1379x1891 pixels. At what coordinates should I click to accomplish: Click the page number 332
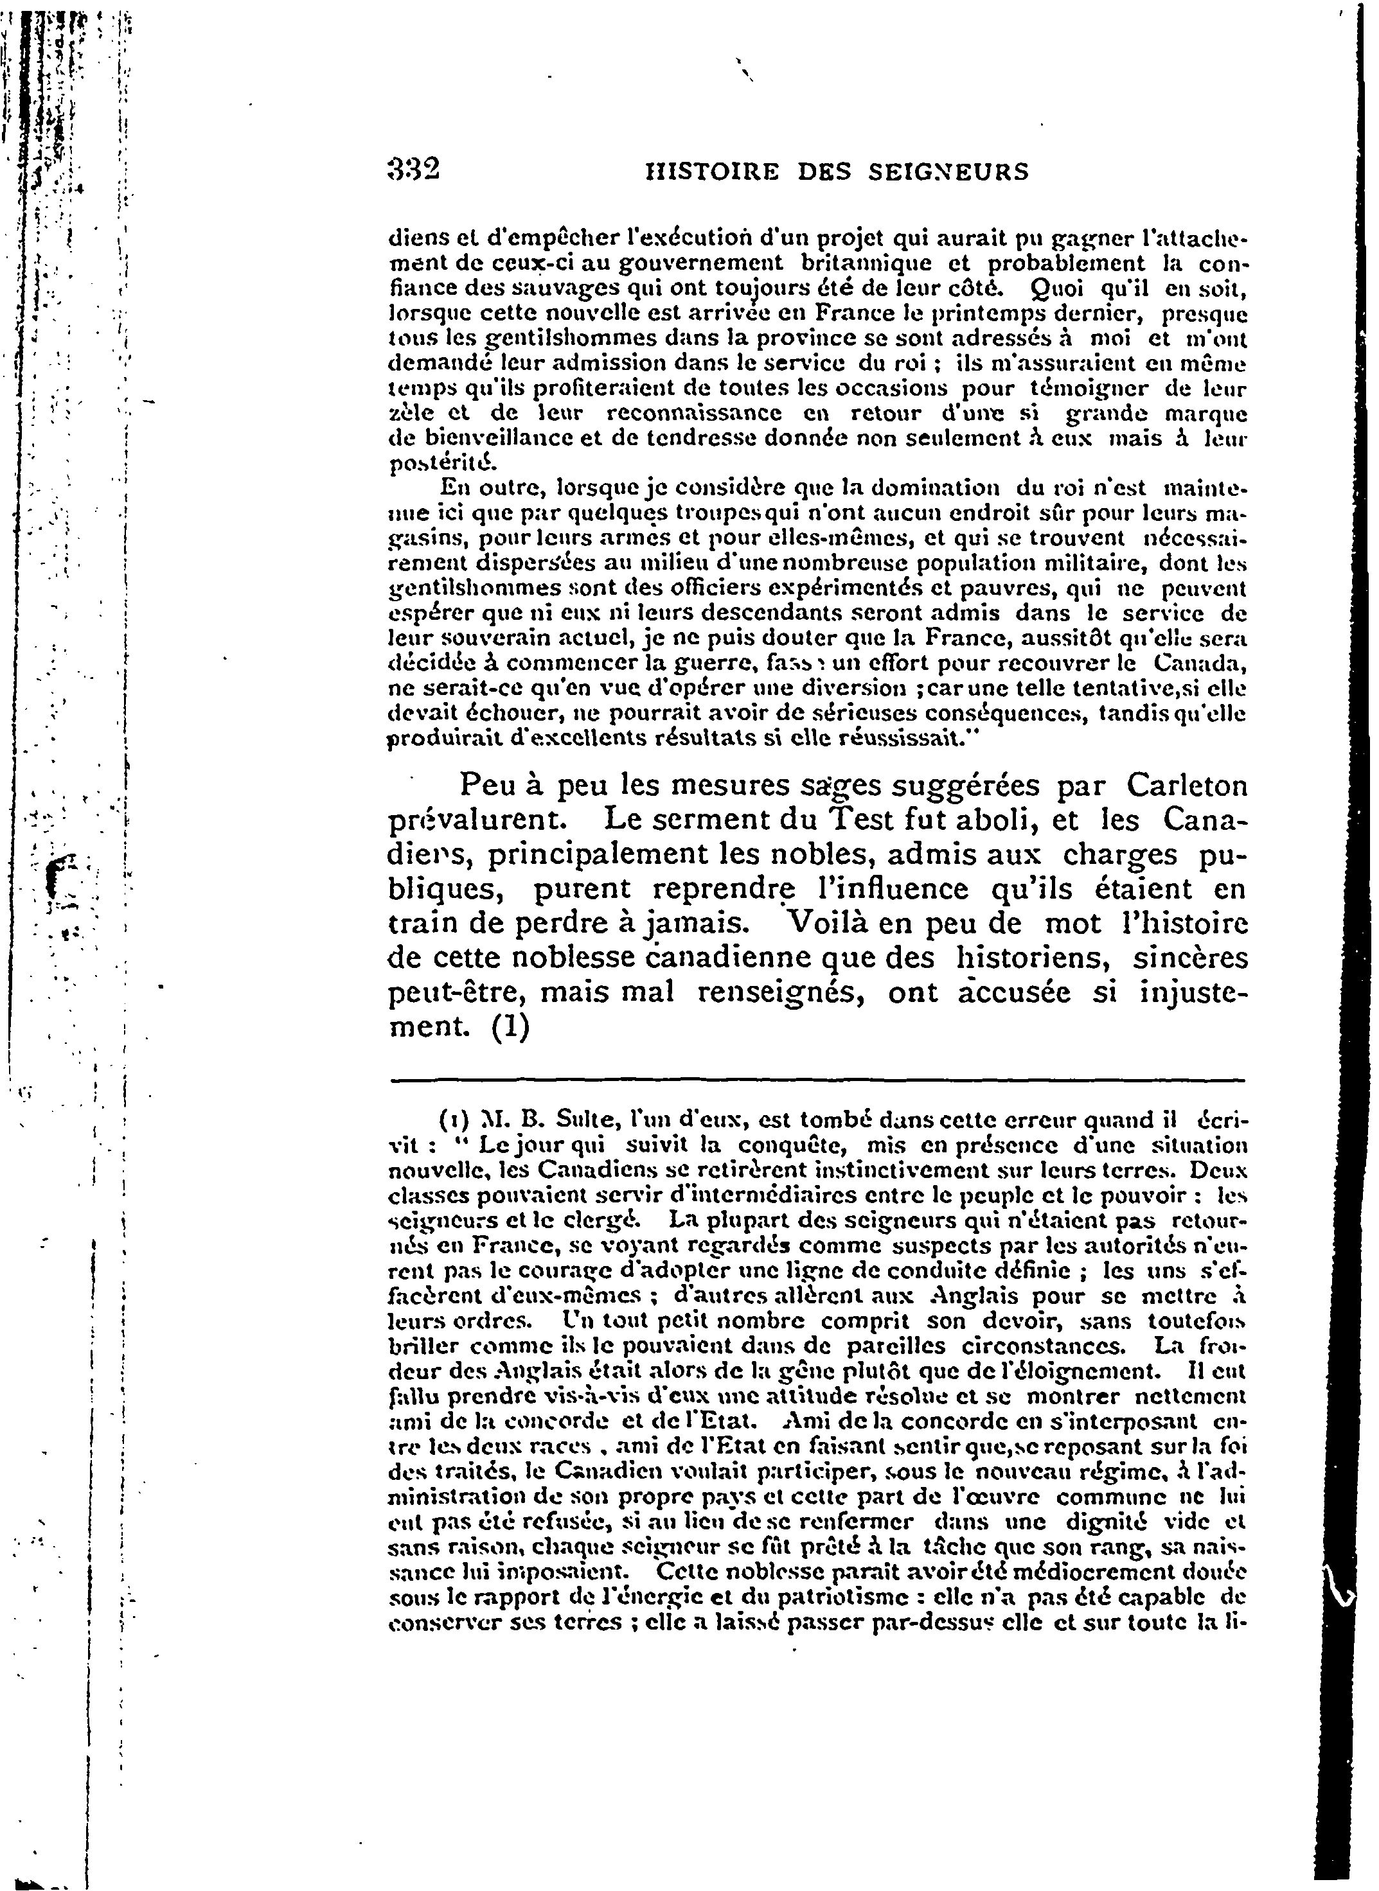pos(414,170)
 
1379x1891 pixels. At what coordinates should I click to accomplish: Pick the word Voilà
pos(840,923)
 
